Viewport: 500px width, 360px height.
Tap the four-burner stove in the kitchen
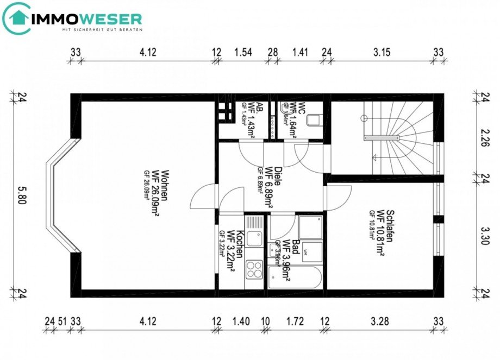click(x=254, y=268)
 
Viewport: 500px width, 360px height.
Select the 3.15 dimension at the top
click(x=383, y=53)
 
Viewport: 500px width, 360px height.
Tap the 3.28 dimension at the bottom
click(x=380, y=321)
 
